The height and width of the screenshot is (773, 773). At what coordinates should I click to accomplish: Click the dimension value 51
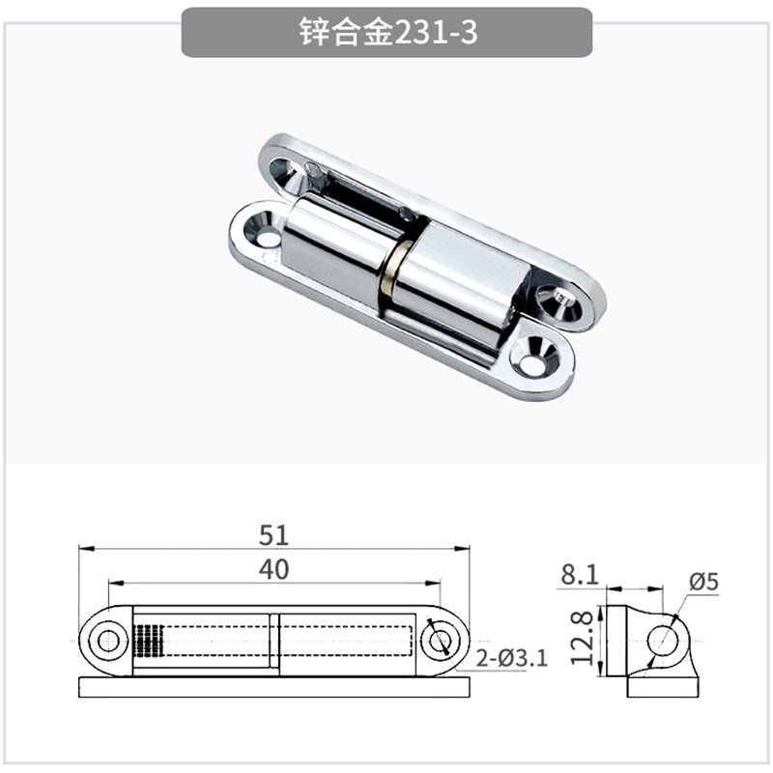click(x=273, y=534)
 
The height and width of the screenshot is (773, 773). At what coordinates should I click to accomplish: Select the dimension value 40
click(x=273, y=569)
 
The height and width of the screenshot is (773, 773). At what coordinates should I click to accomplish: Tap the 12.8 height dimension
click(x=580, y=641)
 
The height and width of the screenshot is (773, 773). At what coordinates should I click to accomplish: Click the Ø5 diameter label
click(x=703, y=582)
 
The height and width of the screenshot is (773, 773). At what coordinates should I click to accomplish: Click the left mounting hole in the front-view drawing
click(x=107, y=640)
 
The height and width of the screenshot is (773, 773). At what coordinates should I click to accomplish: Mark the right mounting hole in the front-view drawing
click(x=438, y=640)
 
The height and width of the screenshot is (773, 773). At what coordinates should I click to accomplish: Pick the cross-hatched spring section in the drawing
click(x=147, y=640)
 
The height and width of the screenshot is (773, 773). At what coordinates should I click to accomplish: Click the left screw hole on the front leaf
click(x=266, y=232)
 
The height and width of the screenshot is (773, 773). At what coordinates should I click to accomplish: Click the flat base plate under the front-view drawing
click(x=273, y=687)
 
